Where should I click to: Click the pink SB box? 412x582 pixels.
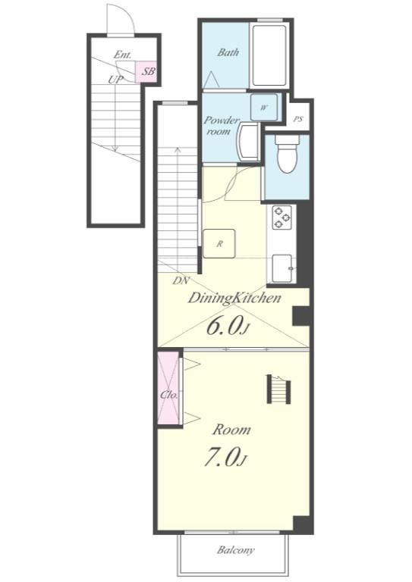click(x=146, y=71)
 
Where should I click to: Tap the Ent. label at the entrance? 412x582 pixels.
click(x=122, y=55)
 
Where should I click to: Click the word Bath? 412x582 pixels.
click(x=228, y=52)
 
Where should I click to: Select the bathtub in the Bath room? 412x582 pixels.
click(x=269, y=55)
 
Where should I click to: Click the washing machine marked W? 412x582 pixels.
click(x=264, y=108)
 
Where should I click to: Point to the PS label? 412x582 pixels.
click(x=298, y=120)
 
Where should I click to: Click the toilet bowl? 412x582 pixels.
click(x=287, y=155)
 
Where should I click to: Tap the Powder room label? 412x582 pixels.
click(x=221, y=126)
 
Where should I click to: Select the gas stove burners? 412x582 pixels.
click(x=282, y=217)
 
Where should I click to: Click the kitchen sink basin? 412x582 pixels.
click(x=281, y=269)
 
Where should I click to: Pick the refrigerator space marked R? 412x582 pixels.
click(x=219, y=244)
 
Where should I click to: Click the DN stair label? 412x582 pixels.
click(x=181, y=281)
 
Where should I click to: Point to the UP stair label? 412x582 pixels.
click(x=115, y=80)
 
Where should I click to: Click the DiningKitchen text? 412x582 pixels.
click(x=234, y=298)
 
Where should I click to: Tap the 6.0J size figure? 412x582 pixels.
click(x=227, y=327)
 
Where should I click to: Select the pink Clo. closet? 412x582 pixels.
click(x=168, y=389)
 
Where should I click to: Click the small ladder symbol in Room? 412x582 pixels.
click(x=278, y=389)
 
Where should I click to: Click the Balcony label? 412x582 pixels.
click(x=235, y=550)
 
